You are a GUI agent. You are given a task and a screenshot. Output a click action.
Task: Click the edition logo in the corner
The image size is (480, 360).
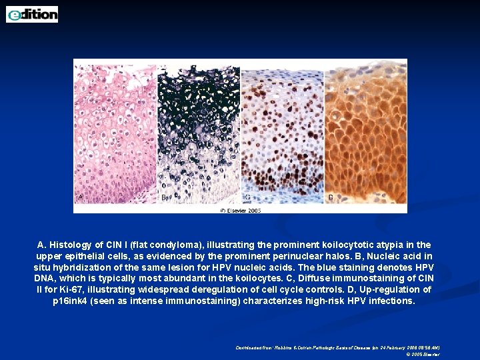(x=32, y=14)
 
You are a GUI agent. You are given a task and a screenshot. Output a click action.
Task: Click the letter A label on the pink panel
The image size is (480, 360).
(x=81, y=197)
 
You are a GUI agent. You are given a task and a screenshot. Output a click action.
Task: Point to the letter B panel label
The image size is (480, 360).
(x=164, y=197)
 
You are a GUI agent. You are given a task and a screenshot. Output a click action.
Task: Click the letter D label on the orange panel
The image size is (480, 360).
(x=331, y=197)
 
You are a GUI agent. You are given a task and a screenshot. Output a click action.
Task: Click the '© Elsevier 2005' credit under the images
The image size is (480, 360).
(x=240, y=210)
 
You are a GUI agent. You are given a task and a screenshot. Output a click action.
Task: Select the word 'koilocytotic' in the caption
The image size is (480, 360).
(x=350, y=245)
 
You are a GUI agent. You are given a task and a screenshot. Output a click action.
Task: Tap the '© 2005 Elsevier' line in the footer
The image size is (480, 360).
(x=423, y=355)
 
